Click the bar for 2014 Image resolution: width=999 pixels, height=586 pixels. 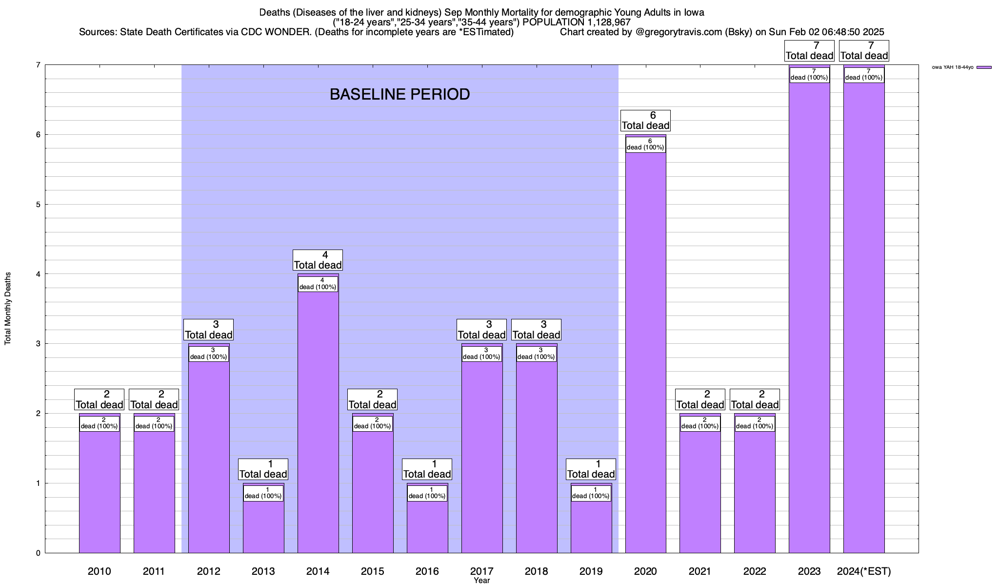[318, 420]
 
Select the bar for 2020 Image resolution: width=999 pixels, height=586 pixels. [646, 352]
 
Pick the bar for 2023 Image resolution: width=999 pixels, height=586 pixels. [809, 317]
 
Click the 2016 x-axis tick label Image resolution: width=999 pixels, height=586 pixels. [427, 571]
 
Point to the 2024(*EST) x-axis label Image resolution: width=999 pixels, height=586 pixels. [864, 571]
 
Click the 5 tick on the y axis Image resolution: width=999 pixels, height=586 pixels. [38, 205]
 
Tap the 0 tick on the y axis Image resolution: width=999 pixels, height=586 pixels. [38, 553]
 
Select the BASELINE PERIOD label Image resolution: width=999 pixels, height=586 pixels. [400, 94]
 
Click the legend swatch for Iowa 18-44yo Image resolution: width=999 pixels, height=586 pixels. [984, 67]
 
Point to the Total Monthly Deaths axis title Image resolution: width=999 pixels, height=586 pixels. [8, 308]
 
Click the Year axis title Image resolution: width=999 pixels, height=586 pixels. [481, 581]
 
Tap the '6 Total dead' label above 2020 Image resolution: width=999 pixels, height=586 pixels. [645, 121]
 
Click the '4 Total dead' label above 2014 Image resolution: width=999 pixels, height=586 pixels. [318, 260]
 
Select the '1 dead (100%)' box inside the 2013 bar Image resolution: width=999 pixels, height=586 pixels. [263, 493]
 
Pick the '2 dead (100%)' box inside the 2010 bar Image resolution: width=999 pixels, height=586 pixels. [100, 423]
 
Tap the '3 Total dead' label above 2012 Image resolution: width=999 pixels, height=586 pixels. [208, 330]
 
